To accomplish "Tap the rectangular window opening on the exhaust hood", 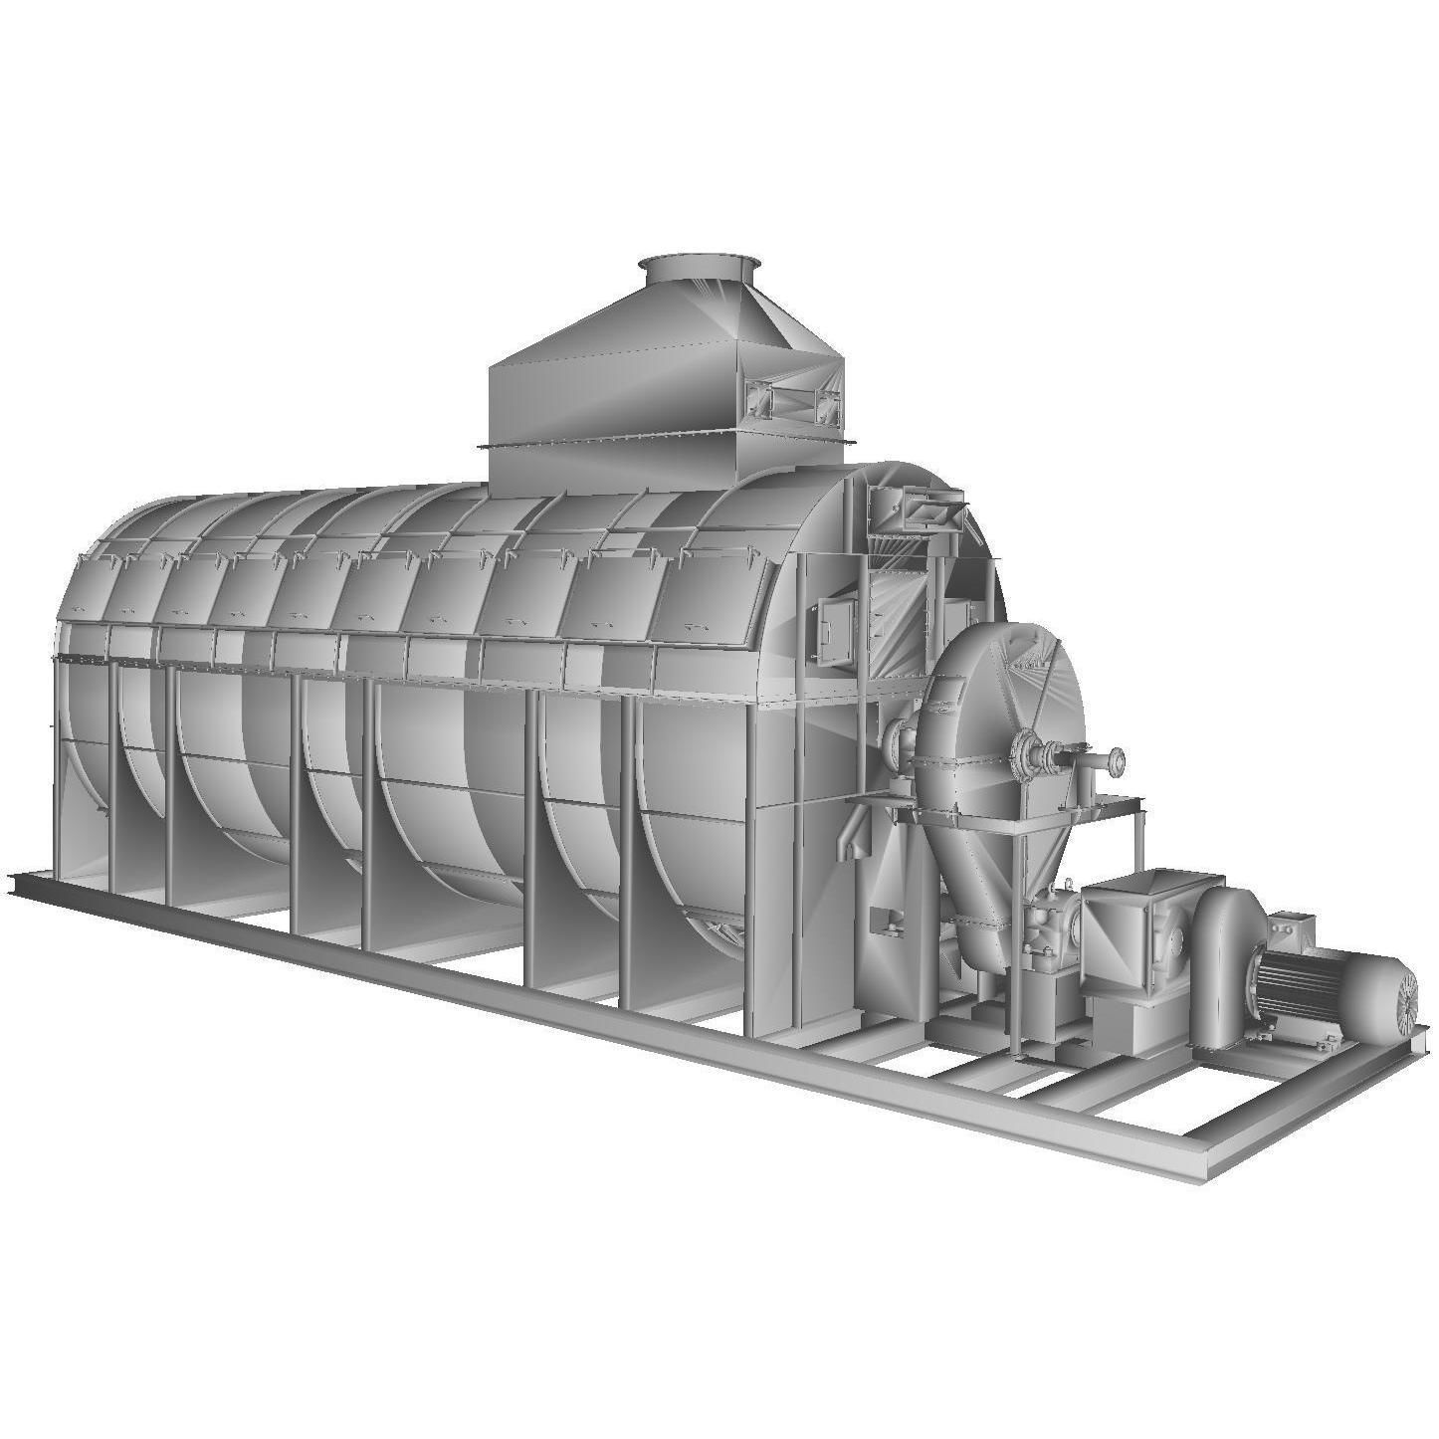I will [x=792, y=400].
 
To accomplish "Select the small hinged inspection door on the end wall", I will [x=831, y=630].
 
